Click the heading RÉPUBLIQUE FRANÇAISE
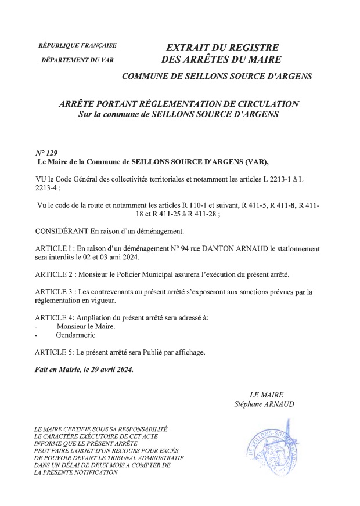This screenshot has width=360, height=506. point(77,45)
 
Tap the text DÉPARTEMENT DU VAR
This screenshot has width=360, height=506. point(77,59)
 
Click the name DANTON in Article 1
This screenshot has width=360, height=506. point(220,249)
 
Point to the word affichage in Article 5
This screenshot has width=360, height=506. point(188,352)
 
